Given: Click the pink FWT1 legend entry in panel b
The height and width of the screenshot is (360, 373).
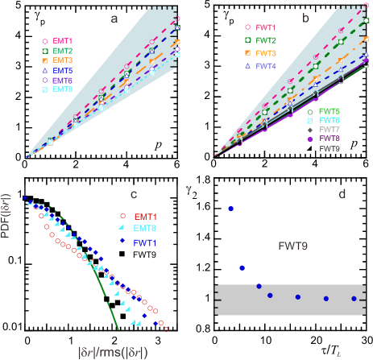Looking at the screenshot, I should pos(263,27).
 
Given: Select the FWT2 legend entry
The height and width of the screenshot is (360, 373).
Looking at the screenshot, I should pos(263,39).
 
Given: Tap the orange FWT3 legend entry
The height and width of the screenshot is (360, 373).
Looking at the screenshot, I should pos(263,52).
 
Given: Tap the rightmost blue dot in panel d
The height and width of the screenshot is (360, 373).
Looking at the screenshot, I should pos(354,298).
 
